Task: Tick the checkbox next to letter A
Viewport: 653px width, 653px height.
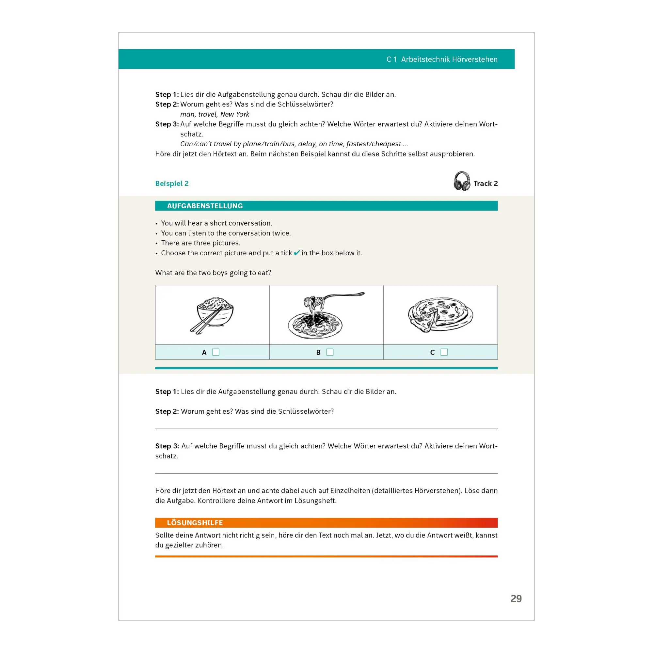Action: point(215,352)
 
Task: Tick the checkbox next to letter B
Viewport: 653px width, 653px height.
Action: point(330,352)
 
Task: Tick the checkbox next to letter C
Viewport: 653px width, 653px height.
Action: point(444,352)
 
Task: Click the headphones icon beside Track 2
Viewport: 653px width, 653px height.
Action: point(462,181)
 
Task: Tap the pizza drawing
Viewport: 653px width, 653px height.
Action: point(440,315)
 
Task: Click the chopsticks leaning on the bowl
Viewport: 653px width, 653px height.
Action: point(206,320)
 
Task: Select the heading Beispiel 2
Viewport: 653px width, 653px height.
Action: point(172,183)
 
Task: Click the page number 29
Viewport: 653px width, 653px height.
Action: point(516,598)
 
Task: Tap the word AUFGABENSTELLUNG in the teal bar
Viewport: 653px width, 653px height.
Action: point(205,206)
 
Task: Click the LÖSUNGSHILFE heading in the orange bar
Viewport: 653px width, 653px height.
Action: point(195,523)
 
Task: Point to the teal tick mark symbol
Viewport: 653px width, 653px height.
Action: point(297,253)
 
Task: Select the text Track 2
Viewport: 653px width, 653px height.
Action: point(486,183)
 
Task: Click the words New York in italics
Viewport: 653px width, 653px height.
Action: point(234,114)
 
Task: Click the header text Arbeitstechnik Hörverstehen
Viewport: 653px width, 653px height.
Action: point(449,59)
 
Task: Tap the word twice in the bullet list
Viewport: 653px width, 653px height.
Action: point(281,233)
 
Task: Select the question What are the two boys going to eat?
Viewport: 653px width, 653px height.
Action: point(213,273)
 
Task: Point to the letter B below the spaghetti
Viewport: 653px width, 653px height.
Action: point(318,352)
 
